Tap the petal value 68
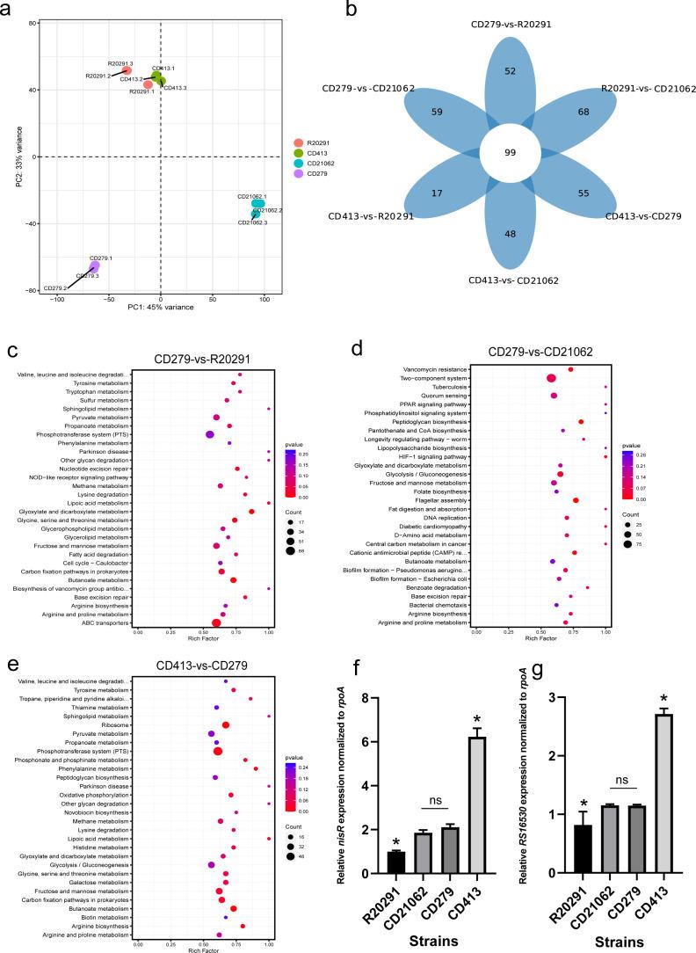point(583,112)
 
